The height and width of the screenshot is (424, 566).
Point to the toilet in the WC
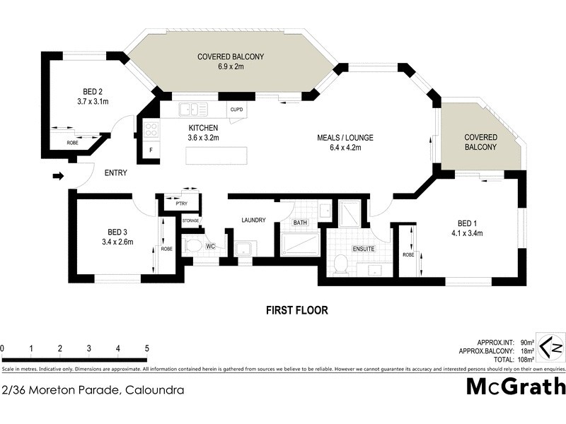[192, 247]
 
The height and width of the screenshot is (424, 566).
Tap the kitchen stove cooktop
[151, 129]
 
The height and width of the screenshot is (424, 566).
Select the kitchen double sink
[192, 110]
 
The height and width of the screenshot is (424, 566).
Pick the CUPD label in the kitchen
[236, 110]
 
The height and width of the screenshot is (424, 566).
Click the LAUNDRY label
[253, 220]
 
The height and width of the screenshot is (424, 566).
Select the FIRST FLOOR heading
[296, 310]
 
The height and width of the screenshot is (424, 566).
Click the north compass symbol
[552, 348]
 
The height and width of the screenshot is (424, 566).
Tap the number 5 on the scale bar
[146, 348]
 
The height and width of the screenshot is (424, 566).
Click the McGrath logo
[516, 387]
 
